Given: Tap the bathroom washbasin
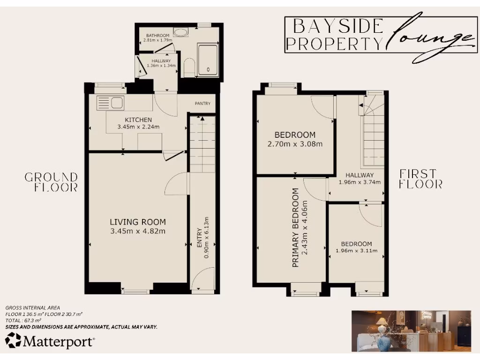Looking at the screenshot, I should (x=180, y=32).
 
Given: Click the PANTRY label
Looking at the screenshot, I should (x=202, y=104).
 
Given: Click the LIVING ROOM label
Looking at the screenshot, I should (x=138, y=222).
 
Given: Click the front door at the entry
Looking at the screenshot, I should (x=202, y=280).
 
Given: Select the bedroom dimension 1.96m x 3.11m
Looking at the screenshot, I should (x=356, y=251).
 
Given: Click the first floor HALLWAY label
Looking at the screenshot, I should (x=360, y=175).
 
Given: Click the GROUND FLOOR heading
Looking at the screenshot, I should (x=51, y=182).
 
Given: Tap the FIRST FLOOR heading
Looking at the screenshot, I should (x=420, y=179).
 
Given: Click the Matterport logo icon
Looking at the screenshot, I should (x=13, y=340).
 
